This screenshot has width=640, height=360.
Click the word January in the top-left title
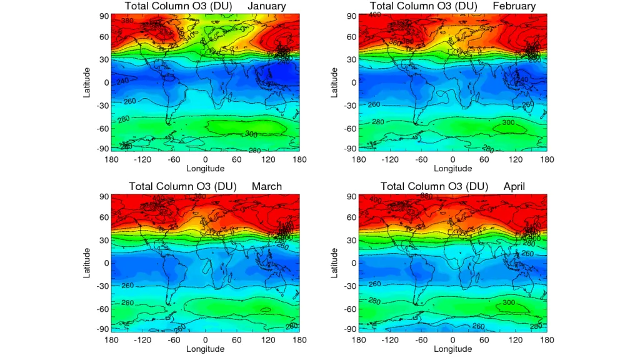[267, 6]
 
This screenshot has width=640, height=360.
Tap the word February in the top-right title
[514, 6]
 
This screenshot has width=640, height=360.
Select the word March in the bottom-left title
[267, 186]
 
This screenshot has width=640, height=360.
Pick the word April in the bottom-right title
[514, 186]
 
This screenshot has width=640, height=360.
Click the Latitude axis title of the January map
[87, 82]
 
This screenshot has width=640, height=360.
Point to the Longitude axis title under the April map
[453, 349]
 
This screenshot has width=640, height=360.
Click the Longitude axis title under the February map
[453, 168]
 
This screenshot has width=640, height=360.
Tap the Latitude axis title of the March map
[87, 262]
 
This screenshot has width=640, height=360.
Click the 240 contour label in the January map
[122, 81]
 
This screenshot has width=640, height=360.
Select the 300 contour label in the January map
[251, 134]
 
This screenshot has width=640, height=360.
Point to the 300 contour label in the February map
[508, 122]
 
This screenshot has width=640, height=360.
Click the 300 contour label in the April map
[509, 302]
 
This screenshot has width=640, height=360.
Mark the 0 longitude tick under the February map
[453, 159]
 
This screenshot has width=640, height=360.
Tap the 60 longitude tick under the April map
[484, 340]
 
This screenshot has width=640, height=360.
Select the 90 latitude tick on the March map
[104, 196]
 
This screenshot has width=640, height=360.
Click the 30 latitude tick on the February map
[351, 59]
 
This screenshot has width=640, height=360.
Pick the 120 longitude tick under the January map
[268, 159]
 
